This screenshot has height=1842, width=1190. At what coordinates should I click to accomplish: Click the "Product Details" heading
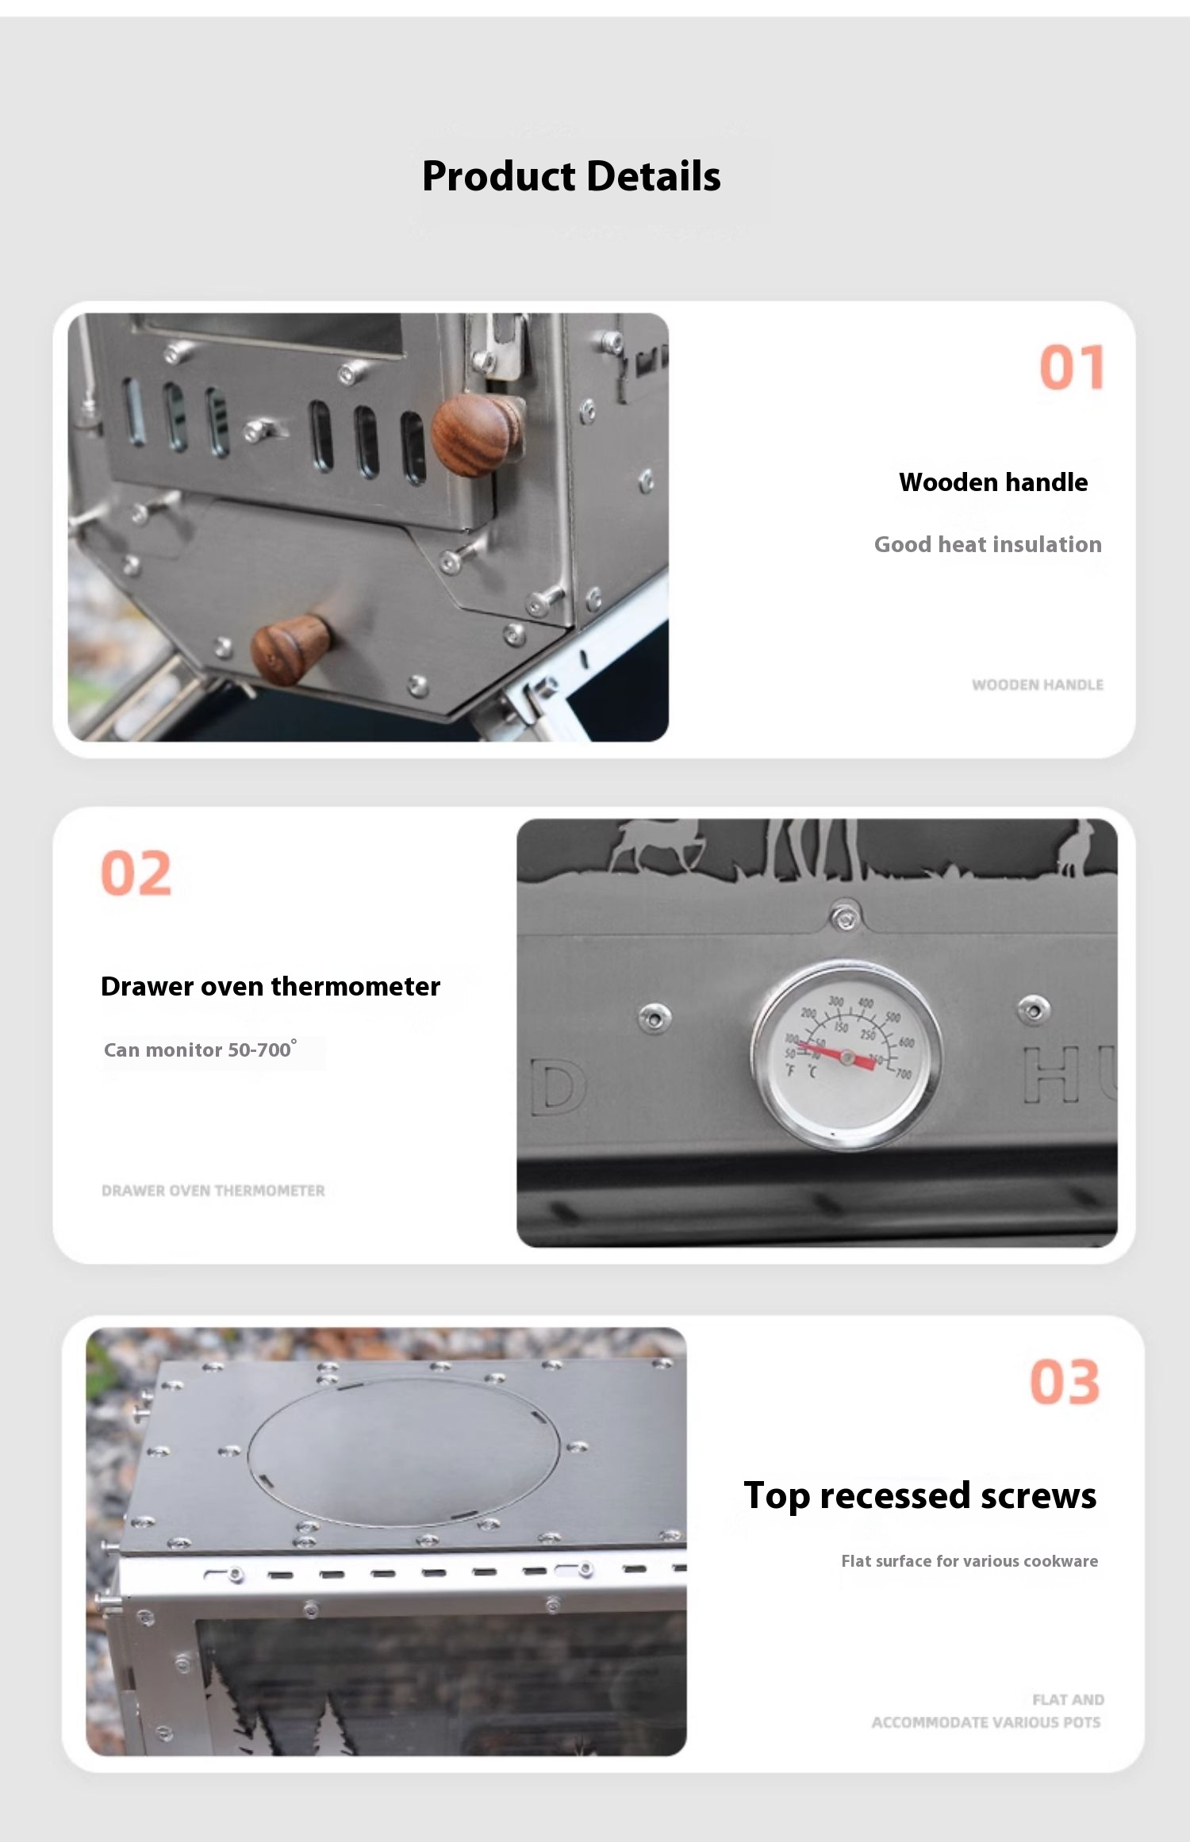tap(571, 176)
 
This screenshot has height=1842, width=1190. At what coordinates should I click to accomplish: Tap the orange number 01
tap(1072, 367)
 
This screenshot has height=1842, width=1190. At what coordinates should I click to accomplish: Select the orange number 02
tap(136, 873)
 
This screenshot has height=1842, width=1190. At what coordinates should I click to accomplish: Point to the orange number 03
tap(1065, 1382)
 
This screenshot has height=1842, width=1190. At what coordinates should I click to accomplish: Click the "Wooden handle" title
tap(993, 482)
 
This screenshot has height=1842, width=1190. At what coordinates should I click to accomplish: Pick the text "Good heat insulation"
tap(988, 544)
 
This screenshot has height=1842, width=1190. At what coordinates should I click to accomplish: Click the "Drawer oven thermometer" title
tap(271, 986)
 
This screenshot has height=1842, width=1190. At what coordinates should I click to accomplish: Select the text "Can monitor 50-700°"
tap(201, 1049)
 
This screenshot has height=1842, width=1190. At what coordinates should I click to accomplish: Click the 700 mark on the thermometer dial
tap(903, 1074)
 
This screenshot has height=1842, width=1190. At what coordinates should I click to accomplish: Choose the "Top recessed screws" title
tap(920, 1495)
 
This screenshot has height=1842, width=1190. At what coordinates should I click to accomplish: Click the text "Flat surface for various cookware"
tap(969, 1561)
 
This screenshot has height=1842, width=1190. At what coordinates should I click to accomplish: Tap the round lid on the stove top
tap(404, 1452)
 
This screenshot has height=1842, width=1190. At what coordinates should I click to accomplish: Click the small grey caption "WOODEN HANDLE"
tap(1038, 685)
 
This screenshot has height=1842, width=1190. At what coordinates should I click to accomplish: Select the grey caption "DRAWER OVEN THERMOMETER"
tap(213, 1191)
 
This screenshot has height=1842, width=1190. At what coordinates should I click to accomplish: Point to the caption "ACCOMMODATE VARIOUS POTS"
tap(986, 1722)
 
